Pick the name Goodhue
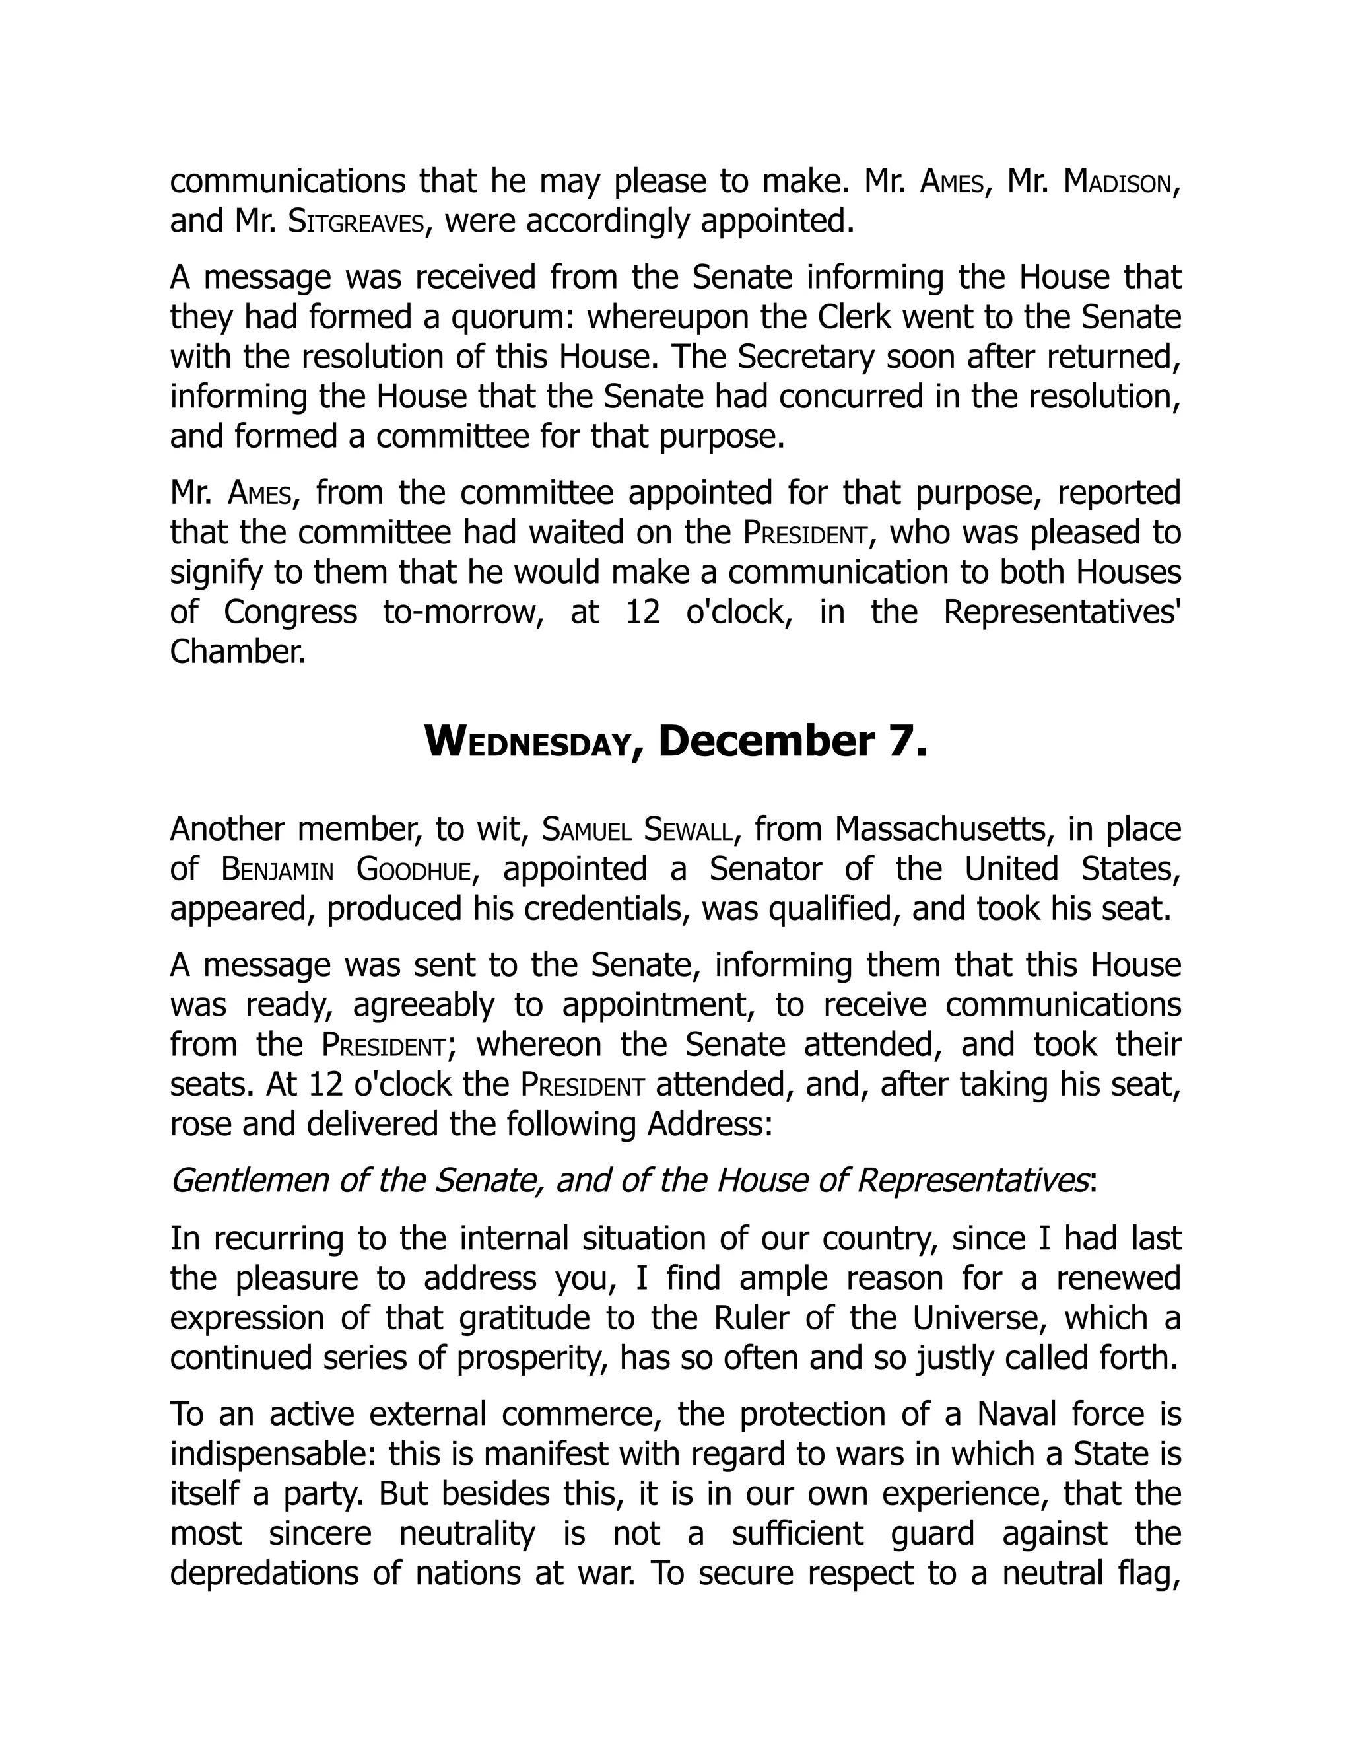click(413, 870)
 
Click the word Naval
click(1014, 1413)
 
